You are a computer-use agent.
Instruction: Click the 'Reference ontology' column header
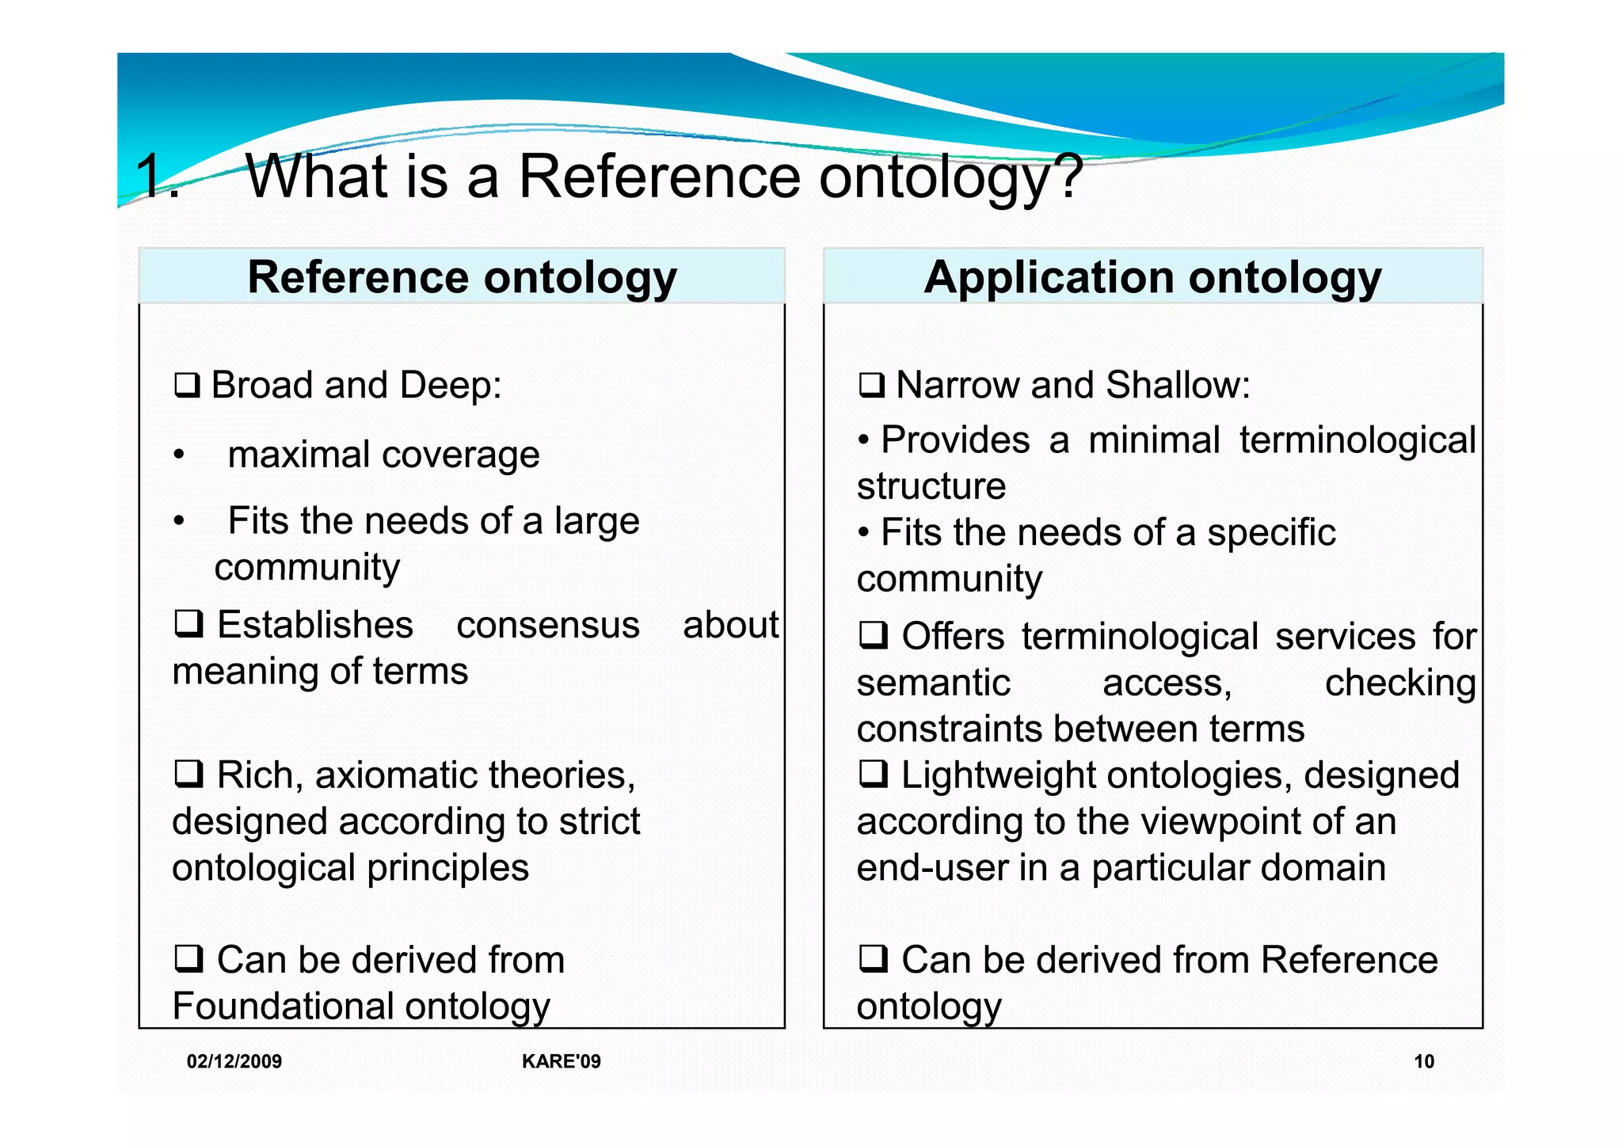pos(462,277)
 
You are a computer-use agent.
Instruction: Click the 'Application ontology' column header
pos(1152,277)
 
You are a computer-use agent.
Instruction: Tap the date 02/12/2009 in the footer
pos(234,1061)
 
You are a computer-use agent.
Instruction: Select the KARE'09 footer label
pos(561,1061)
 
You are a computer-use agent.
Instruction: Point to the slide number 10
pos(1423,1061)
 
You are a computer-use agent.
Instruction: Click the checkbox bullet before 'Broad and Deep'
pos(187,386)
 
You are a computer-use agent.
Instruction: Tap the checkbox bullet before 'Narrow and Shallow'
pos(871,386)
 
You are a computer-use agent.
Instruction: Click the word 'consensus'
pos(547,625)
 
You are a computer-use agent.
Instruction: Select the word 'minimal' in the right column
pos(1154,440)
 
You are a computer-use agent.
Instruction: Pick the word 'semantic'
pos(933,683)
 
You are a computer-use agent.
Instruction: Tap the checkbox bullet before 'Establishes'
pos(188,624)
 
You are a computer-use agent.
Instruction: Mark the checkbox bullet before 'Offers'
pos(873,636)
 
